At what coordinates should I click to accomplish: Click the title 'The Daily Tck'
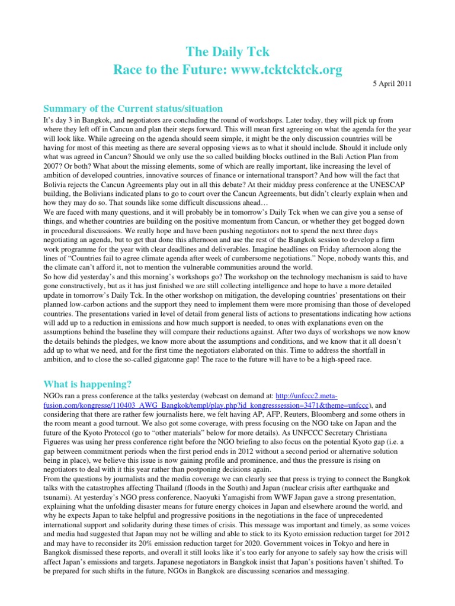[227, 53]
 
